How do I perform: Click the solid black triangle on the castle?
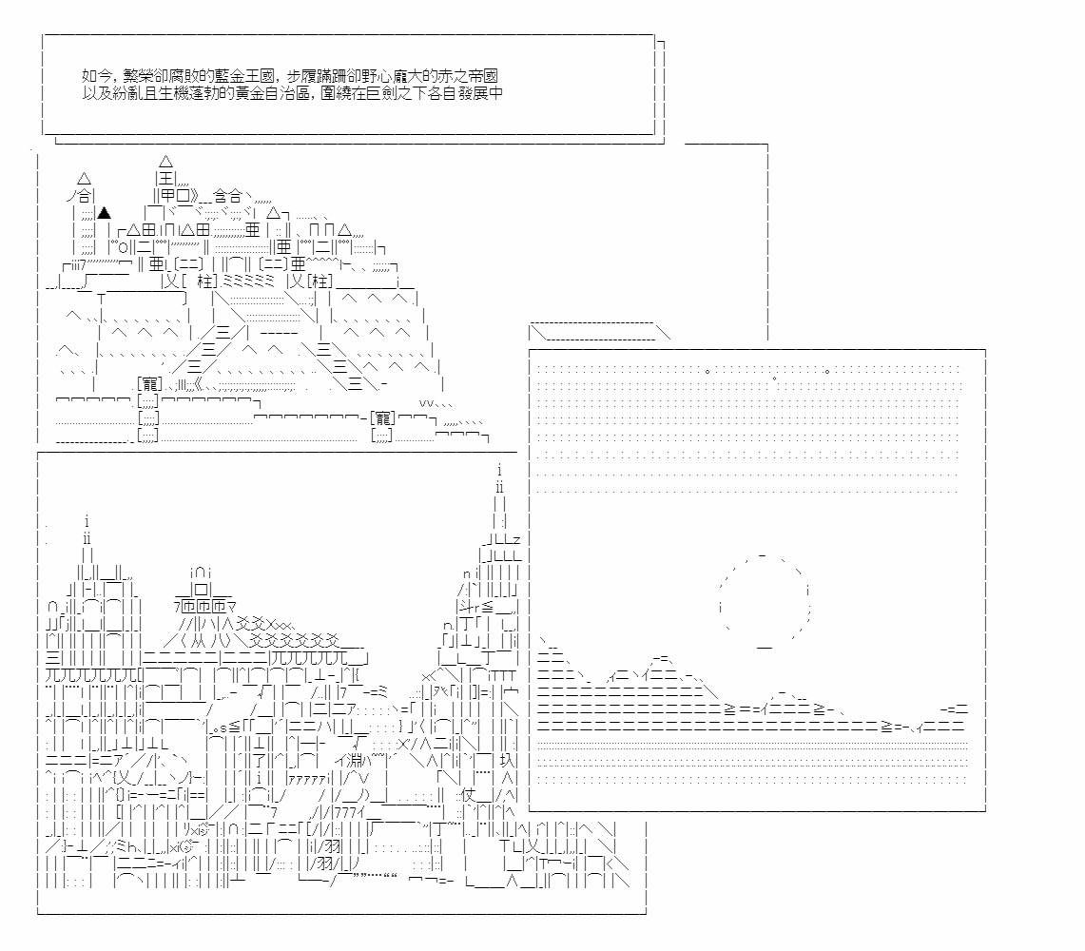pyautogui.click(x=104, y=212)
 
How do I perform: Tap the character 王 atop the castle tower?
pyautogui.click(x=166, y=179)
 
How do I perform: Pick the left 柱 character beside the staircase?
pyautogui.click(x=204, y=281)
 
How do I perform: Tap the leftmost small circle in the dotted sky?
pyautogui.click(x=707, y=372)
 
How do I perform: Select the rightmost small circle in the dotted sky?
pyautogui.click(x=827, y=372)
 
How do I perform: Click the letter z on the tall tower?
pyautogui.click(x=516, y=540)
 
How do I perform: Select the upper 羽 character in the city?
pyautogui.click(x=332, y=846)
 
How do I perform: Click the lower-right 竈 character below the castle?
pyautogui.click(x=382, y=418)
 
